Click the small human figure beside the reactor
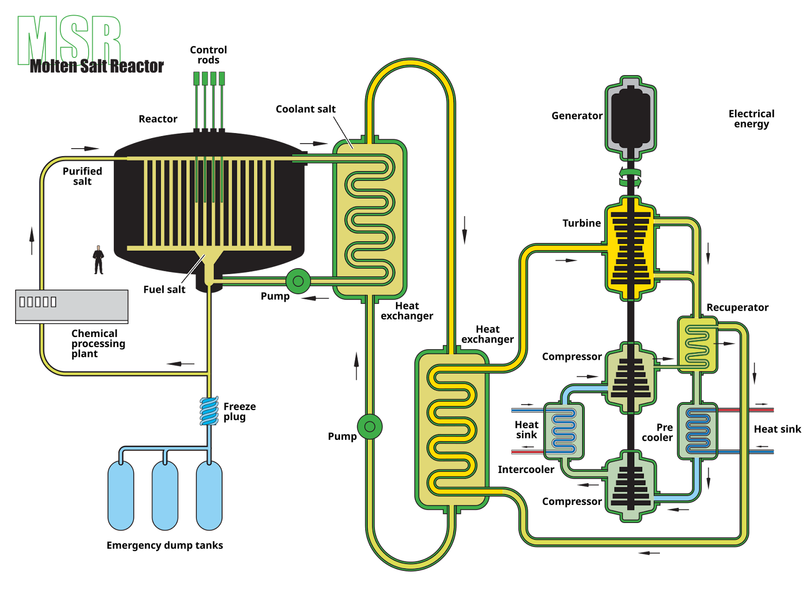point(99,260)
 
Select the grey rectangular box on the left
point(72,306)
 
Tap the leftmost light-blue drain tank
point(121,495)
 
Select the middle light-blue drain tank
point(165,495)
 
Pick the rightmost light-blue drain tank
point(209,495)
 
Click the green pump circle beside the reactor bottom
point(298,281)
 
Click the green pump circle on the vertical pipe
point(370,427)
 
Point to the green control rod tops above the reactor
point(209,79)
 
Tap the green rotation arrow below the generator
point(630,176)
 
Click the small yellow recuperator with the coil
point(698,345)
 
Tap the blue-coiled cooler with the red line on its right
point(698,431)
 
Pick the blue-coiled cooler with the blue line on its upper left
point(564,431)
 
